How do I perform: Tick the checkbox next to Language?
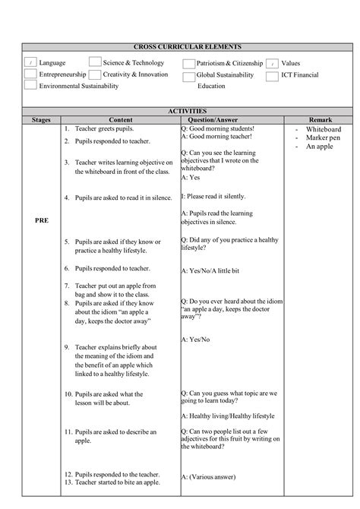coord(30,63)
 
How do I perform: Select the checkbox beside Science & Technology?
coord(96,62)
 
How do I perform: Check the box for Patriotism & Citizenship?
coord(189,63)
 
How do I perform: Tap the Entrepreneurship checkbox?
coord(30,74)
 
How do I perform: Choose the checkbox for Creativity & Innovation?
coord(96,74)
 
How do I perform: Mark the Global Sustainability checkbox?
coord(189,76)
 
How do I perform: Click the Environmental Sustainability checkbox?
coord(30,86)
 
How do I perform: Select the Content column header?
coord(120,120)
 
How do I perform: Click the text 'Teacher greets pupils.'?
coord(103,129)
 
